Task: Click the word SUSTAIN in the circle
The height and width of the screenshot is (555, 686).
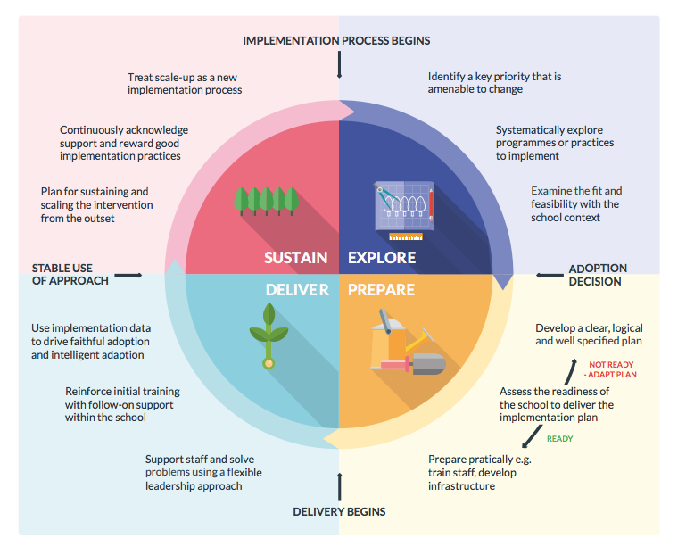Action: pos(295,258)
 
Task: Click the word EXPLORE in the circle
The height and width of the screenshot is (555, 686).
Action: pos(382,258)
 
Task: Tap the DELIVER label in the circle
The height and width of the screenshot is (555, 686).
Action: pos(297,290)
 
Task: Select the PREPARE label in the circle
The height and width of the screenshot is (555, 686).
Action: pos(382,290)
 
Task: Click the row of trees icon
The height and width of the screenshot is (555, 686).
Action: pos(265,200)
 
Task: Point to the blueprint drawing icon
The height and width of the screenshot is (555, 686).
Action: pos(403,210)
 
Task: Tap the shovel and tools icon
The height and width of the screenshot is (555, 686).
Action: pos(406,344)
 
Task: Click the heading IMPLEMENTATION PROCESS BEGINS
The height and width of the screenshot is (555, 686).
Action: pos(337,41)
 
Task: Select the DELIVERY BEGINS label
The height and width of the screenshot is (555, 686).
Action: pos(339,511)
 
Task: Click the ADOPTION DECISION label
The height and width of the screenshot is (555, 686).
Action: pos(598,275)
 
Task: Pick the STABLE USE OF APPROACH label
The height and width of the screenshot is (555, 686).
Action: pos(70,274)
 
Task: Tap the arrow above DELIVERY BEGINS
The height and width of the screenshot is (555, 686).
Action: pos(339,485)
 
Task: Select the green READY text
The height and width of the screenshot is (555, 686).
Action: pos(559,439)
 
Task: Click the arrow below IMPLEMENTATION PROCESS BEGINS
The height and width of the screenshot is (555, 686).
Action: pos(339,64)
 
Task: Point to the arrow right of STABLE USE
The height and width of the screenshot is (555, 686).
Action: pos(128,275)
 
